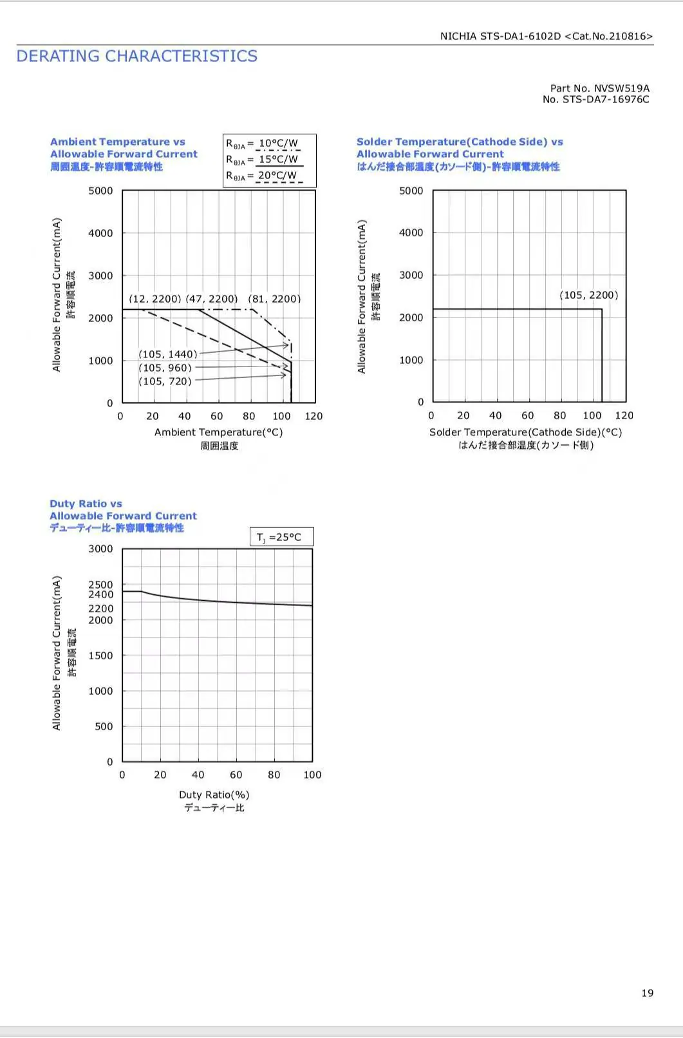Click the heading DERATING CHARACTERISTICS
coord(136,56)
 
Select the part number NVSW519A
coord(622,88)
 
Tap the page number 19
coord(648,992)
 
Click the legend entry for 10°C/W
coord(263,144)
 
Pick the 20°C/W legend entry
coord(263,176)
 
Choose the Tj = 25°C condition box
coord(282,536)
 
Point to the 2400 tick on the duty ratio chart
coord(100,594)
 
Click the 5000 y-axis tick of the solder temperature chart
coord(411,191)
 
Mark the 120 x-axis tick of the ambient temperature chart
coord(313,416)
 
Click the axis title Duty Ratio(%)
coord(214,795)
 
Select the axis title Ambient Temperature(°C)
coord(218,432)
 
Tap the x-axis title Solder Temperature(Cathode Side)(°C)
coord(525,432)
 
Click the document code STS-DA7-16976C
coord(606,99)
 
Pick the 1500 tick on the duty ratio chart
coord(100,656)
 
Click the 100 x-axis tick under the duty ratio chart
coord(312,775)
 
